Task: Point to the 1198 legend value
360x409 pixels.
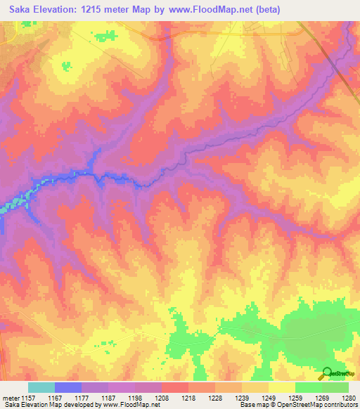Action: (136, 398)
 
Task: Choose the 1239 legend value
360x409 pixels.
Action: (240, 398)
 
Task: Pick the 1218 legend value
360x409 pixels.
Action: (188, 398)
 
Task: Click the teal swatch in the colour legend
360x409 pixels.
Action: (41, 387)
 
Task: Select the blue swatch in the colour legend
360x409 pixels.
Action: (68, 387)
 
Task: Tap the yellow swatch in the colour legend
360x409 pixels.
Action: (281, 387)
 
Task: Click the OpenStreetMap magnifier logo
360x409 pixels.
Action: (327, 373)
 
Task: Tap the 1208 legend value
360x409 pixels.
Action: (162, 398)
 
